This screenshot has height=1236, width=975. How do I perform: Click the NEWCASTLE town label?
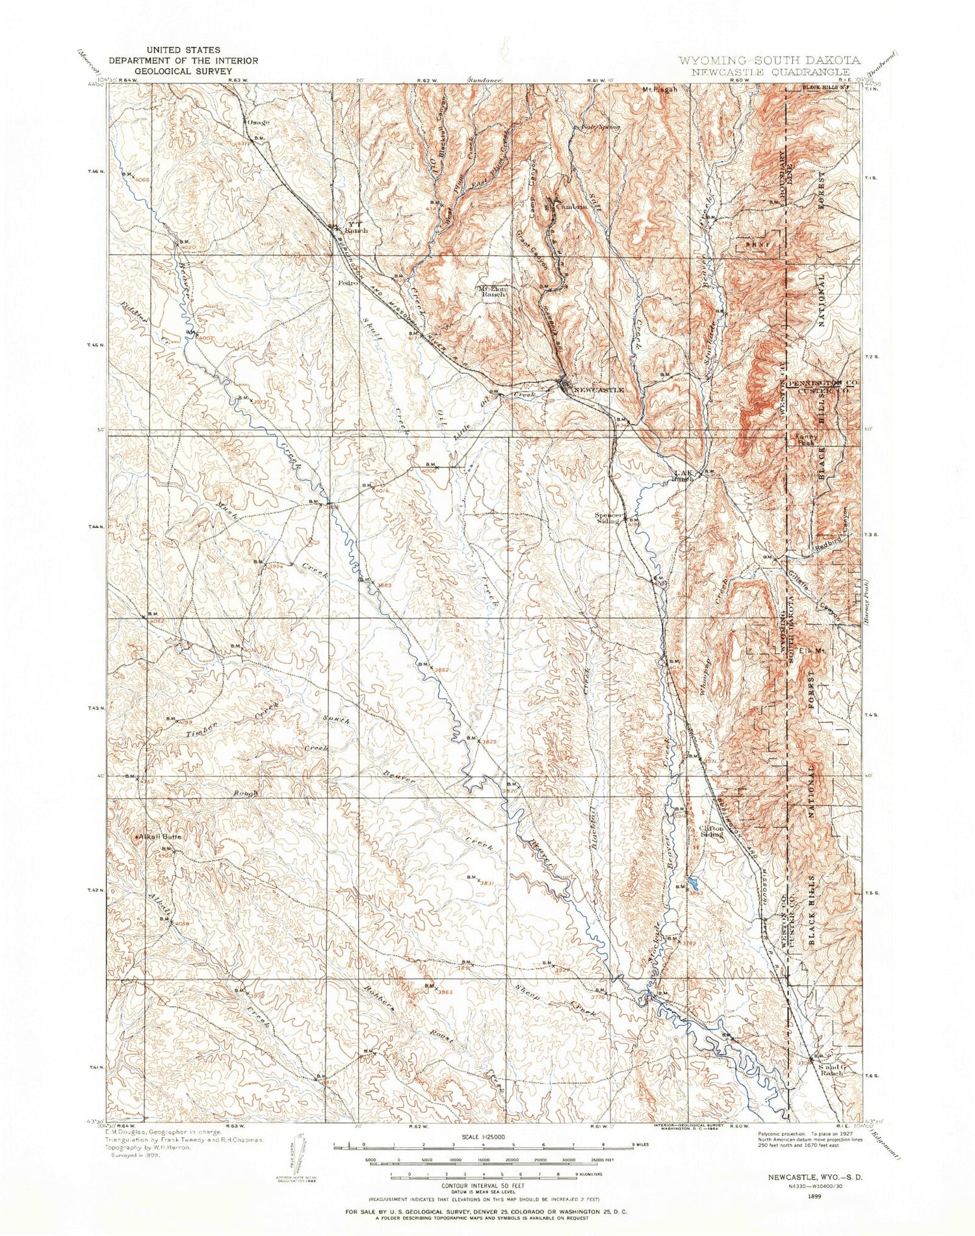click(x=599, y=389)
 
